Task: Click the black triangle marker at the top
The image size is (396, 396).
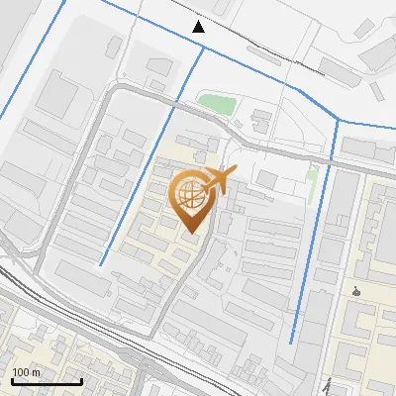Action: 200,27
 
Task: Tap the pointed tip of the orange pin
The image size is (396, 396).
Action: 192,234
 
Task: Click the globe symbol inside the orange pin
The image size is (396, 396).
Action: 190,195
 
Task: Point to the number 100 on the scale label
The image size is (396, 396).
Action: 22,371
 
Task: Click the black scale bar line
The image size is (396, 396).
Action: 46,381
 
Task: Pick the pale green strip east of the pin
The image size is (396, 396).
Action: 312,181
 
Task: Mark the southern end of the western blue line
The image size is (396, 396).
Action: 100,265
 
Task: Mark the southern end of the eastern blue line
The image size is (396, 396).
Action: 291,343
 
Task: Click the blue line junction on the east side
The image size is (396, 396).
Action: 339,121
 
